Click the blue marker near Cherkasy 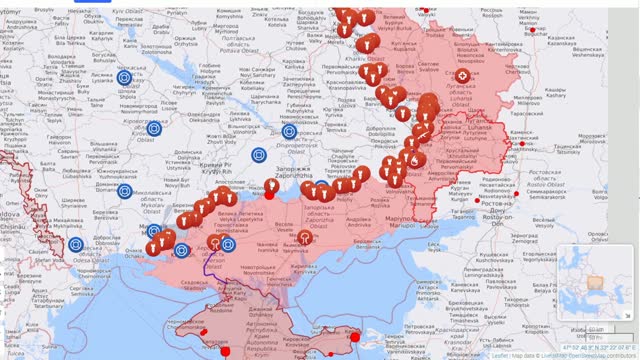[x=124, y=77]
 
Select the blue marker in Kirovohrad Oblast [x=155, y=128]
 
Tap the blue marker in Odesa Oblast [x=75, y=244]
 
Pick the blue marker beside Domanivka [x=125, y=191]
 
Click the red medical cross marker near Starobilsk [x=463, y=76]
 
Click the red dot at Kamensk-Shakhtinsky [x=520, y=145]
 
